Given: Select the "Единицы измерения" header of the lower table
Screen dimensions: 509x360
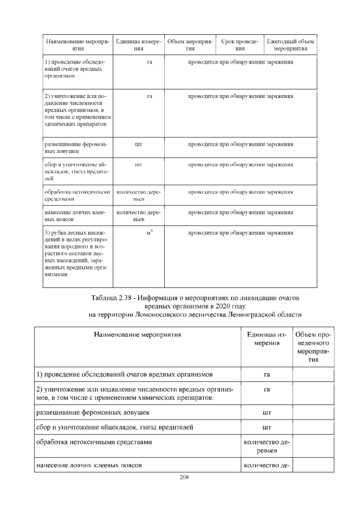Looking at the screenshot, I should (x=267, y=339).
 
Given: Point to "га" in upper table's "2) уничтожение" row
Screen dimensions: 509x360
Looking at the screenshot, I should (x=150, y=97).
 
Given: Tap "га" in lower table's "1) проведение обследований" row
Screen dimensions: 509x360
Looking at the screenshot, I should (x=267, y=375).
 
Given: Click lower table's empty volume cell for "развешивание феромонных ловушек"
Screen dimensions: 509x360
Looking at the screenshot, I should (x=313, y=413).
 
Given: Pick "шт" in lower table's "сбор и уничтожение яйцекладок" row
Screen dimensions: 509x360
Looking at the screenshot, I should (x=267, y=427).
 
